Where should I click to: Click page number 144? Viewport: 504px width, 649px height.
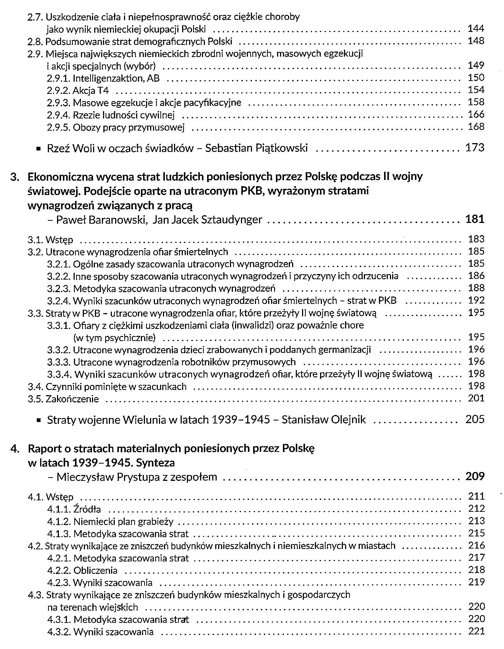(476, 29)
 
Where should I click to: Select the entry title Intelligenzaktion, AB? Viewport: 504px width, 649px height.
(116, 78)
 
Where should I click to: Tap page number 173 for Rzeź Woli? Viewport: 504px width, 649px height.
(475, 148)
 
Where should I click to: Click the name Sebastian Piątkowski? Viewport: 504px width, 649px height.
(256, 148)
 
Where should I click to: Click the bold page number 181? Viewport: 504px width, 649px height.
(475, 219)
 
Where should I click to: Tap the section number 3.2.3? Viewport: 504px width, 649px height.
(59, 288)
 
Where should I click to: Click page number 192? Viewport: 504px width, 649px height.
(476, 300)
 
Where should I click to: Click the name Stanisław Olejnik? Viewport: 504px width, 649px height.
(324, 420)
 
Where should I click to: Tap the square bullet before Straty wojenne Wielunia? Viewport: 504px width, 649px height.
(38, 420)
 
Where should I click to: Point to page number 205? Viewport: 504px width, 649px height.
(475, 419)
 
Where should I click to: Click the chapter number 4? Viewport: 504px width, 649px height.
(15, 449)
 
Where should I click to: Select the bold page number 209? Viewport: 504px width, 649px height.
(475, 476)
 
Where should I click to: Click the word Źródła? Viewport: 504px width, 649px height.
(87, 510)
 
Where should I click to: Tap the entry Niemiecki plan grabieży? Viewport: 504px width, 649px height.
(123, 522)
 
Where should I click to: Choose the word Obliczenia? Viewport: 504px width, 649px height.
(96, 571)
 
